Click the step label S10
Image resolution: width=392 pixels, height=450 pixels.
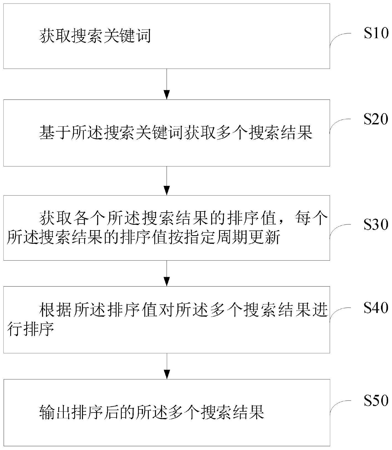click(376, 33)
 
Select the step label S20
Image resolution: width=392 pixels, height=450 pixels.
click(376, 119)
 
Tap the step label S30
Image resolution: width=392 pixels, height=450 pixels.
click(376, 224)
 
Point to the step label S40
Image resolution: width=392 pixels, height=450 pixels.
click(376, 307)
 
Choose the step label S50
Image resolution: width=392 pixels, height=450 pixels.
click(376, 400)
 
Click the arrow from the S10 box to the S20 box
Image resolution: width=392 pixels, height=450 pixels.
click(167, 84)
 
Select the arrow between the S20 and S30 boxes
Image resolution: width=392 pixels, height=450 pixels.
click(167, 181)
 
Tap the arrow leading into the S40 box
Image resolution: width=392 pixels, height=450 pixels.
click(167, 273)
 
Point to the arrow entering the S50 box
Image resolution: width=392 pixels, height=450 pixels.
click(167, 366)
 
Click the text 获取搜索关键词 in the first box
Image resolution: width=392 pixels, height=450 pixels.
click(95, 36)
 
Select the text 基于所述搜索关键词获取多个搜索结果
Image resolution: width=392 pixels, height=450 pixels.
click(176, 133)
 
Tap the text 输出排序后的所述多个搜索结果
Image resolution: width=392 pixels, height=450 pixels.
click(152, 412)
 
